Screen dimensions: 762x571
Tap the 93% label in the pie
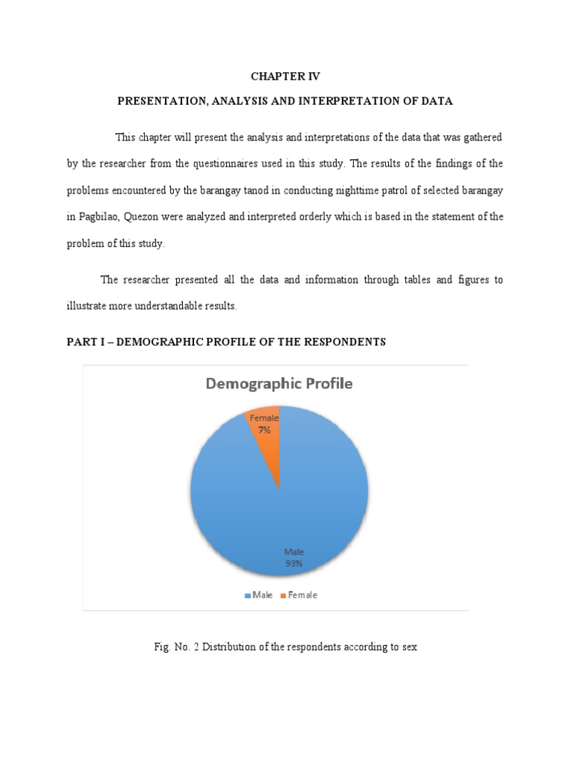pyautogui.click(x=293, y=563)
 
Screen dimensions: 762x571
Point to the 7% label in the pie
pyautogui.click(x=265, y=430)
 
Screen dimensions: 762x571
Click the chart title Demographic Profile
pyautogui.click(x=279, y=385)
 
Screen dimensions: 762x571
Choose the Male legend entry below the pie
pyautogui.click(x=258, y=595)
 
